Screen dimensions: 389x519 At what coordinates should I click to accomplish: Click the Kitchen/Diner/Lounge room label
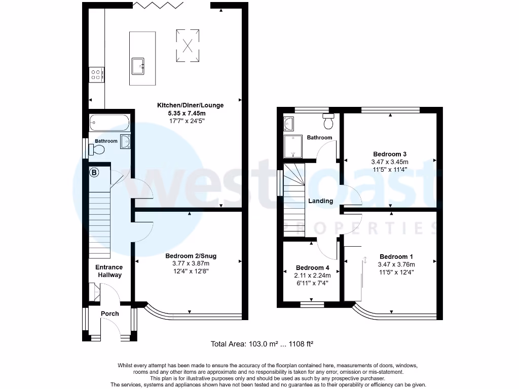click(x=190, y=105)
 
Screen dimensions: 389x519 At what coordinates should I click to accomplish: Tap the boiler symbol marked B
click(x=94, y=173)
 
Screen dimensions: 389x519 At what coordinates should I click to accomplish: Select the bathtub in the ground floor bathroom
click(x=109, y=122)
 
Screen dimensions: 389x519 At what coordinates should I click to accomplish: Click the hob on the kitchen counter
click(x=96, y=75)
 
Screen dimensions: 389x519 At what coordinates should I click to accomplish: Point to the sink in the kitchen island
click(x=138, y=66)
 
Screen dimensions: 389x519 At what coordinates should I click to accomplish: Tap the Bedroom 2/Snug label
click(x=187, y=255)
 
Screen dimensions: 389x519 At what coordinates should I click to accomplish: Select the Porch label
click(x=109, y=314)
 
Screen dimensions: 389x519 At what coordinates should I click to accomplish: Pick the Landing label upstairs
click(x=321, y=201)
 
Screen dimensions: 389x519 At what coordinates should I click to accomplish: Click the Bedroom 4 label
click(x=313, y=267)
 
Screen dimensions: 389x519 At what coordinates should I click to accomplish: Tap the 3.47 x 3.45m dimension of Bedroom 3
click(x=390, y=162)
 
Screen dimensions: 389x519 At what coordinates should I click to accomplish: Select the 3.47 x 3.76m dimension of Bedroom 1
click(x=396, y=264)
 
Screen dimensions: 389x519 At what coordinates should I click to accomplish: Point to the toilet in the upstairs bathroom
click(x=328, y=122)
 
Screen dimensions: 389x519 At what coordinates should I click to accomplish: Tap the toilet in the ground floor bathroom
click(x=96, y=149)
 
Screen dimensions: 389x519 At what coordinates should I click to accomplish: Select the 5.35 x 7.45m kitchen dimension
click(x=190, y=113)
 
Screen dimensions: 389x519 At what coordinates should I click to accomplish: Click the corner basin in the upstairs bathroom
click(x=289, y=123)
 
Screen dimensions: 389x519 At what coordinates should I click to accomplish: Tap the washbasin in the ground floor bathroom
click(x=125, y=141)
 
